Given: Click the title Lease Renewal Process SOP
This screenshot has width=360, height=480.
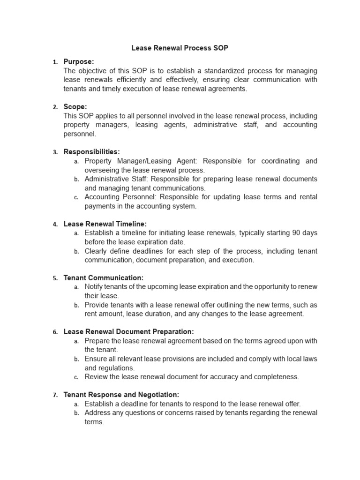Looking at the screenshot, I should pyautogui.click(x=180, y=48).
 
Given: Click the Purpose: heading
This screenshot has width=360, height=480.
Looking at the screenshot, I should pyautogui.click(x=79, y=61).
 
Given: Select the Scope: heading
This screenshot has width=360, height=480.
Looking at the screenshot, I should pyautogui.click(x=75, y=107).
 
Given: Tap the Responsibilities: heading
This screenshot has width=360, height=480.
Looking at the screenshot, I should pyautogui.click(x=91, y=152).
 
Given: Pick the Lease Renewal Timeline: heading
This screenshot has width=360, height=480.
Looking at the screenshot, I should pyautogui.click(x=105, y=224).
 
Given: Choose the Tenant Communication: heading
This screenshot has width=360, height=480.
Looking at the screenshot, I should pyautogui.click(x=103, y=278).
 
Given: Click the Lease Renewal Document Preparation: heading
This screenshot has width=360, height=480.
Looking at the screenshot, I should pyautogui.click(x=128, y=332).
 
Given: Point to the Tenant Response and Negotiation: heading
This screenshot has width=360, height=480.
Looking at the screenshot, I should pyautogui.click(x=121, y=395).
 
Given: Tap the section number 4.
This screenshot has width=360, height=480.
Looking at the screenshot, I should pyautogui.click(x=55, y=225).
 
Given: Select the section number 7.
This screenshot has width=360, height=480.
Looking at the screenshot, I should pyautogui.click(x=55, y=395).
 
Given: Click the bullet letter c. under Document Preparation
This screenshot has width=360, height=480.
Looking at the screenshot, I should pyautogui.click(x=76, y=377).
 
